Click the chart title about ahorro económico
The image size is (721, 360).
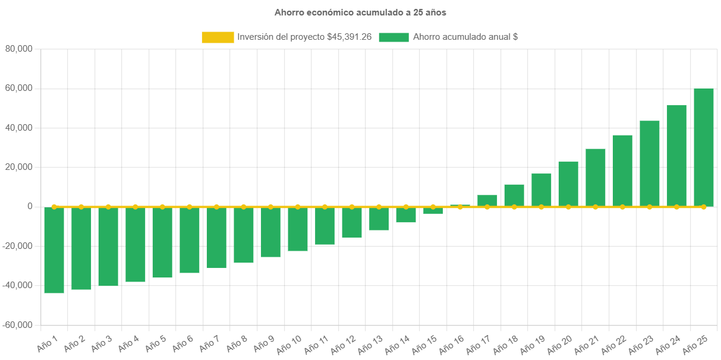click(360, 12)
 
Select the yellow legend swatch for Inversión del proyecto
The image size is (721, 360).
click(218, 37)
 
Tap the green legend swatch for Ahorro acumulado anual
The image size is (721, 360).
click(393, 37)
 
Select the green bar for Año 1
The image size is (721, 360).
click(54, 250)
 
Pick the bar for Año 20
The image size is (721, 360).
click(568, 184)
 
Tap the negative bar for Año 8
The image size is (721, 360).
click(244, 235)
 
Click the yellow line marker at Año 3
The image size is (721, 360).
click(108, 207)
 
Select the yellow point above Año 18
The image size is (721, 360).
click(514, 207)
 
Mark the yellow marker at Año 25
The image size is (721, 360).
click(704, 207)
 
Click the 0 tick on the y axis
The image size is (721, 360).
click(29, 207)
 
